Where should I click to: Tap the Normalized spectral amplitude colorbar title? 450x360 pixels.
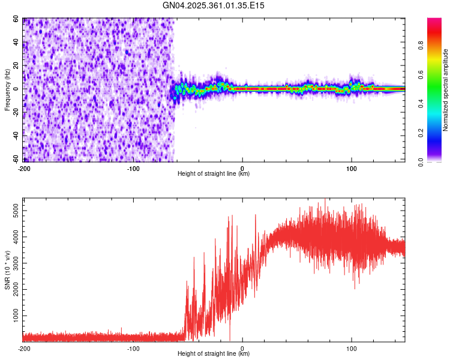coord(445,91)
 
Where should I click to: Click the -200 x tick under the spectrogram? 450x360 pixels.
coord(24,169)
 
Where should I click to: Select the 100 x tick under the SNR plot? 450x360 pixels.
coord(352,348)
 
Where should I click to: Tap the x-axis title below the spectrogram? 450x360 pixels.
coord(214,174)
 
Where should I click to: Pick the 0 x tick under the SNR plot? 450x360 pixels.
coord(242,348)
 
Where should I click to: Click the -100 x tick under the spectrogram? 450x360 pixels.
coord(133,169)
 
